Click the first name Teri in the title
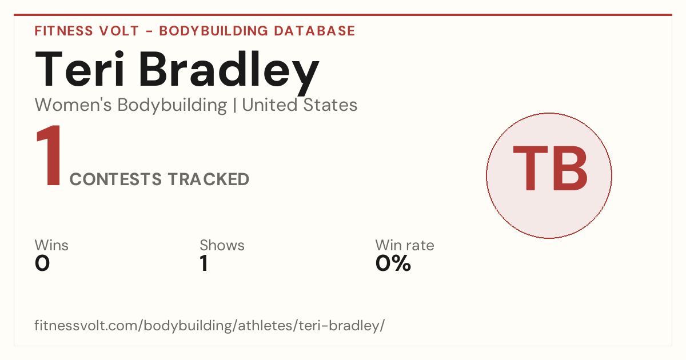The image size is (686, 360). click(79, 70)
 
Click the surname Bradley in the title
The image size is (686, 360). click(229, 73)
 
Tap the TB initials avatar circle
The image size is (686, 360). click(549, 175)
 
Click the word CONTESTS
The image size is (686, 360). click(115, 179)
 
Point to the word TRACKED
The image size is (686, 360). click(209, 179)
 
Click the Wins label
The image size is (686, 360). click(51, 245)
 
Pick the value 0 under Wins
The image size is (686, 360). click(42, 263)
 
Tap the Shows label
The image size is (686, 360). click(222, 245)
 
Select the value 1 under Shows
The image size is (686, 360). click(204, 263)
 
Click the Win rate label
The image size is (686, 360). click(405, 245)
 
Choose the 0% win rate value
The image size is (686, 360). click(393, 263)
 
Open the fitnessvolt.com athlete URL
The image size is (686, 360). click(209, 325)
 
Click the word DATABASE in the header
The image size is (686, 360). click(314, 31)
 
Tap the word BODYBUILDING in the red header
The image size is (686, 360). click(214, 31)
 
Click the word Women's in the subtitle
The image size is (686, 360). click(73, 105)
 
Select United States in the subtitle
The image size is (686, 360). click(300, 105)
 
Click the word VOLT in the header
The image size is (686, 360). click(119, 31)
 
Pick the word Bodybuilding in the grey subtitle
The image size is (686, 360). click(172, 106)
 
